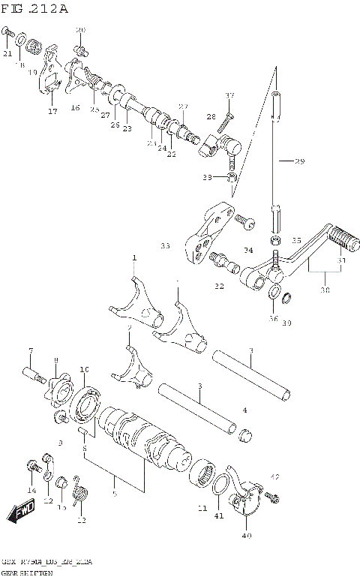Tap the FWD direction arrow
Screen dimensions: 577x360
pyautogui.click(x=21, y=513)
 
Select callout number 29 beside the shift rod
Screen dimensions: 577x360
pyautogui.click(x=299, y=161)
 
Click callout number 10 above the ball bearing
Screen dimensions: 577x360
pyautogui.click(x=84, y=370)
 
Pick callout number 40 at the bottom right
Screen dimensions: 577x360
pyautogui.click(x=247, y=536)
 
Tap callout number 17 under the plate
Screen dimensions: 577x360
pyautogui.click(x=52, y=112)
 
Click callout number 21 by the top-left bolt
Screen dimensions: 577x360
pyautogui.click(x=7, y=53)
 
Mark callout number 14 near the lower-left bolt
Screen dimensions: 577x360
pyautogui.click(x=31, y=491)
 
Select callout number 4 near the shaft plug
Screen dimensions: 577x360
pyautogui.click(x=244, y=410)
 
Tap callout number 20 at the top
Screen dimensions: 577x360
pyautogui.click(x=81, y=30)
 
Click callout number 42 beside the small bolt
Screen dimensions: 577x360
pyautogui.click(x=275, y=476)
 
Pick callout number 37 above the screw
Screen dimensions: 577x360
pyautogui.click(x=229, y=95)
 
